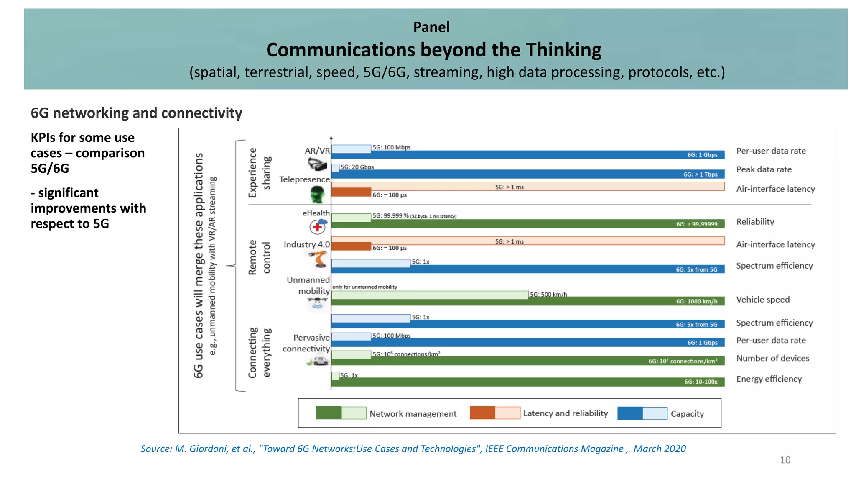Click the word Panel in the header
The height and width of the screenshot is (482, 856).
tap(431, 27)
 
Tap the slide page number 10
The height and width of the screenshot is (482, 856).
tap(785, 460)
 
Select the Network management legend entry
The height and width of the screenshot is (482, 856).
tap(413, 413)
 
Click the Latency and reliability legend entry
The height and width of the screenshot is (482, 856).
tap(565, 413)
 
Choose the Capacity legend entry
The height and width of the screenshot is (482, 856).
tap(687, 413)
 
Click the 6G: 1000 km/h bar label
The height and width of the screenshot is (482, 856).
tap(697, 301)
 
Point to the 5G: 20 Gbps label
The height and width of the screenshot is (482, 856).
tap(357, 167)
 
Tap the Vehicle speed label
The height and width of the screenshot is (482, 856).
tap(763, 300)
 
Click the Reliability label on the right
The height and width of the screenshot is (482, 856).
tap(755, 222)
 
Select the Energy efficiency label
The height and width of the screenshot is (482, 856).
tap(769, 379)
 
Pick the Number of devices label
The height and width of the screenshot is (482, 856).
tap(772, 358)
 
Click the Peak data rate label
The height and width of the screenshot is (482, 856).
tap(764, 169)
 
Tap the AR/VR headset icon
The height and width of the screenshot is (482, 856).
tap(317, 164)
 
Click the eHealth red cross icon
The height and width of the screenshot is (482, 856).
tap(318, 227)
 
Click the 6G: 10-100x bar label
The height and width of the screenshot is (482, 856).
tap(701, 382)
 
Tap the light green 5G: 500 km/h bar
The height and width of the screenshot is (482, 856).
tap(430, 295)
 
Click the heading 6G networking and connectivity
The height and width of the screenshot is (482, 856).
tap(136, 113)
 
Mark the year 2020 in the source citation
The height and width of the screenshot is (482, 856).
tap(675, 449)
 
